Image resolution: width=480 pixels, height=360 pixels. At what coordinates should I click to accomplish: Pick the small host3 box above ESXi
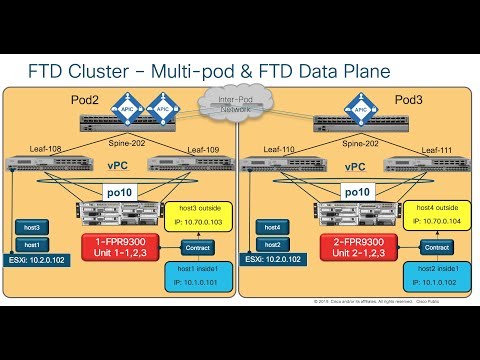click(x=32, y=227)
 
